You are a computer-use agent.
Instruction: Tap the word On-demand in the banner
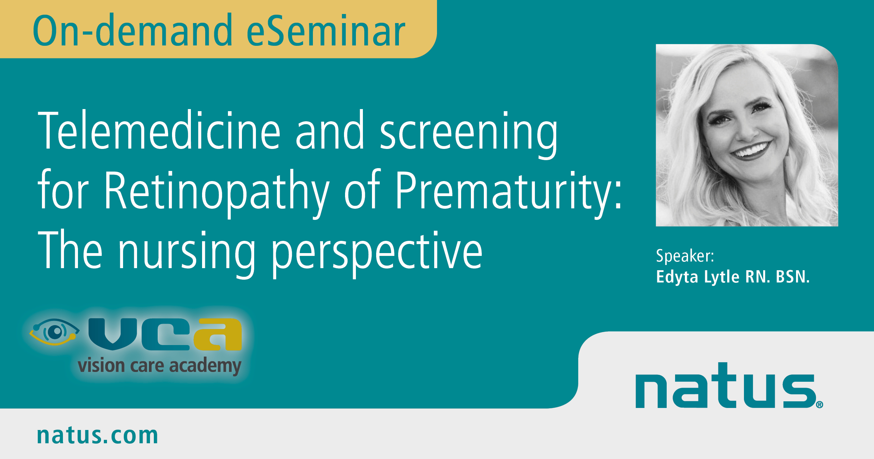click(x=132, y=30)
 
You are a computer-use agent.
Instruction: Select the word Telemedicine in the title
click(x=159, y=130)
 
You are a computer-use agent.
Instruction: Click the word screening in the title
click(x=468, y=135)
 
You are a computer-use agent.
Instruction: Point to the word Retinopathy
click(x=217, y=194)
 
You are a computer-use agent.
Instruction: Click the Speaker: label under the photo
click(x=685, y=256)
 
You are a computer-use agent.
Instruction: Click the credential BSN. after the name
click(x=793, y=277)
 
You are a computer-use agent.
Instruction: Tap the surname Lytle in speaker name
click(x=722, y=277)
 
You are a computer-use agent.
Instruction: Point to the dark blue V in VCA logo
click(x=113, y=334)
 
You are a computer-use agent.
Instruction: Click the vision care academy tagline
click(x=159, y=366)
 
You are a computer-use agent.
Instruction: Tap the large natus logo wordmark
click(x=726, y=386)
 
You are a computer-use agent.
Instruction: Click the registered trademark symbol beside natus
click(x=820, y=405)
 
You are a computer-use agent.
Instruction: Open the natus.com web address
click(x=98, y=435)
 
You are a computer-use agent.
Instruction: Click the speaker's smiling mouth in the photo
click(x=752, y=151)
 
